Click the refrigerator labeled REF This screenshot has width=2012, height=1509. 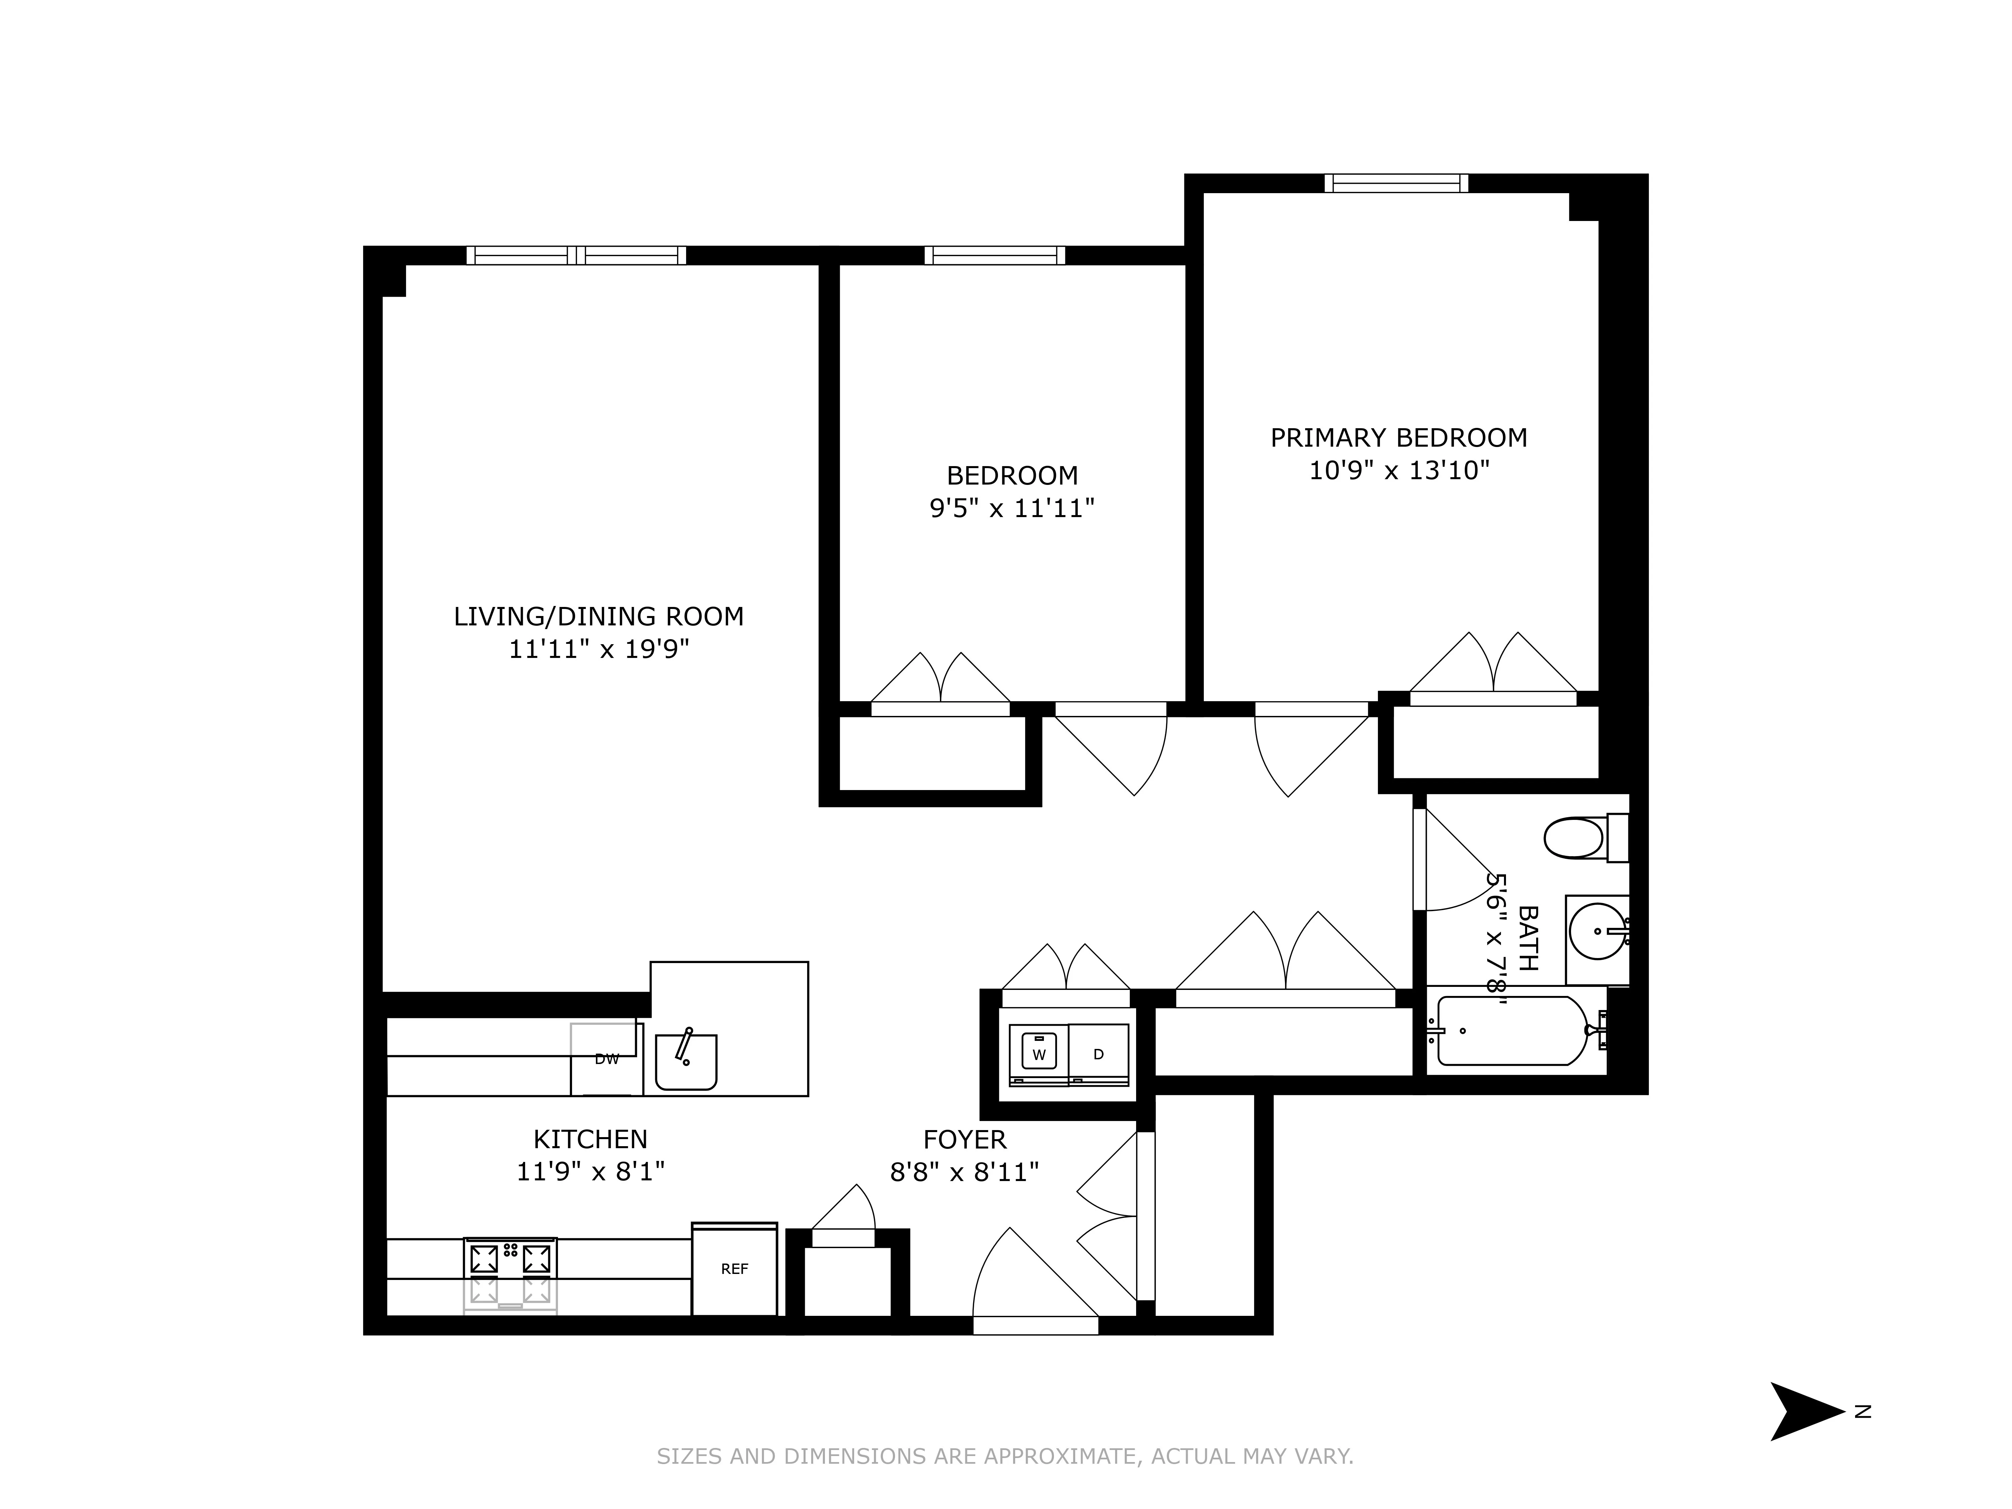click(734, 1269)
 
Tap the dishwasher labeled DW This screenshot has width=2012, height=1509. click(606, 1059)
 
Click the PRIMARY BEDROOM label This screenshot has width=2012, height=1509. click(1398, 438)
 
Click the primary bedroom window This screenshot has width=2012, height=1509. click(1396, 183)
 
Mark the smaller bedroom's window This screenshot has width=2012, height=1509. click(994, 256)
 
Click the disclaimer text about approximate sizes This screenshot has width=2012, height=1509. click(1005, 1456)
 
